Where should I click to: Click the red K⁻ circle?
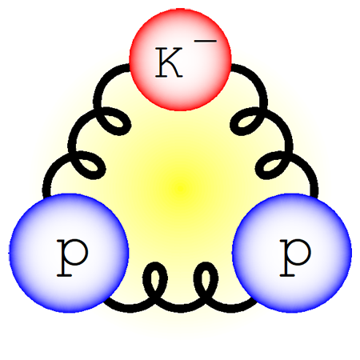pyautogui.click(x=180, y=59)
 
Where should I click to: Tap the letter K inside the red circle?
pyautogui.click(x=169, y=62)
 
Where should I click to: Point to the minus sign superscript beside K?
pyautogui.click(x=205, y=41)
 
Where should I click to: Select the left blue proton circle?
pyautogui.click(x=69, y=253)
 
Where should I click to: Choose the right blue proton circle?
pyautogui.click(x=292, y=253)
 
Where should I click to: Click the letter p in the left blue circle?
pyautogui.click(x=72, y=258)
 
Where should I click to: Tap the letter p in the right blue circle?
pyautogui.click(x=295, y=258)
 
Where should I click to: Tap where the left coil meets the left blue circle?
pyautogui.click(x=46, y=197)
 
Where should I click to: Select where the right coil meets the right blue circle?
pyautogui.click(x=314, y=197)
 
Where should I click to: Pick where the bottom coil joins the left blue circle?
pyautogui.click(x=106, y=301)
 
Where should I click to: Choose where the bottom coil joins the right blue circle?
pyautogui.click(x=255, y=301)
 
